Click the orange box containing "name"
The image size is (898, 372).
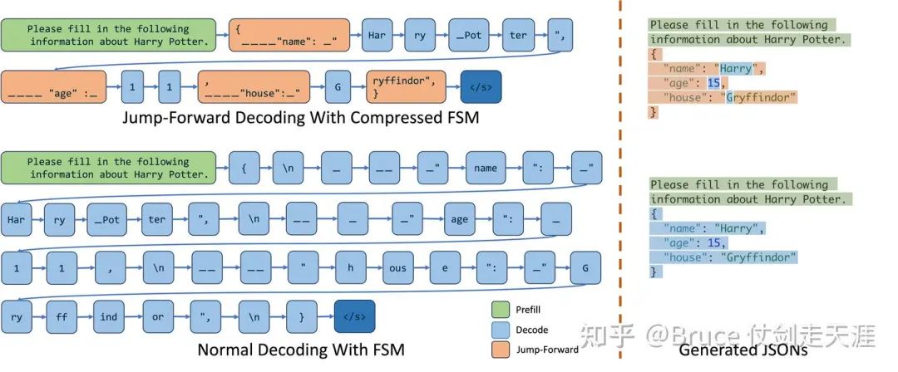(x=289, y=35)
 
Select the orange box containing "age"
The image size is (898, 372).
(x=53, y=87)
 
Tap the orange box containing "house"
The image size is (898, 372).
(x=254, y=87)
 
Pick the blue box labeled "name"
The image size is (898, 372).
(x=486, y=168)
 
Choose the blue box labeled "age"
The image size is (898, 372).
(x=459, y=219)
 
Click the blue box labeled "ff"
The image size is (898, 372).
(x=62, y=316)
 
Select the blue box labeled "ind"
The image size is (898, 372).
(x=109, y=316)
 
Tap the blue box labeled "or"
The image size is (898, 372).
(x=157, y=316)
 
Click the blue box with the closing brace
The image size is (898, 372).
(x=302, y=316)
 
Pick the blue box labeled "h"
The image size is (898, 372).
(x=349, y=268)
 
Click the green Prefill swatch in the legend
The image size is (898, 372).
(x=501, y=311)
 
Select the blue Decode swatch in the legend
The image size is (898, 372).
(x=501, y=330)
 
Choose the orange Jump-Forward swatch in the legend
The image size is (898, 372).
(x=501, y=349)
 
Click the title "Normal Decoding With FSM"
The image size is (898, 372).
(x=301, y=350)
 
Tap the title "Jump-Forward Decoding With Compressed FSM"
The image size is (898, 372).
(x=300, y=118)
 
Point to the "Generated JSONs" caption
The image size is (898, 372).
(x=743, y=350)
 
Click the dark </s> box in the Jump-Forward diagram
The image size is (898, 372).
(x=481, y=87)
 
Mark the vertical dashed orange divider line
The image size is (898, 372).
(x=620, y=179)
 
